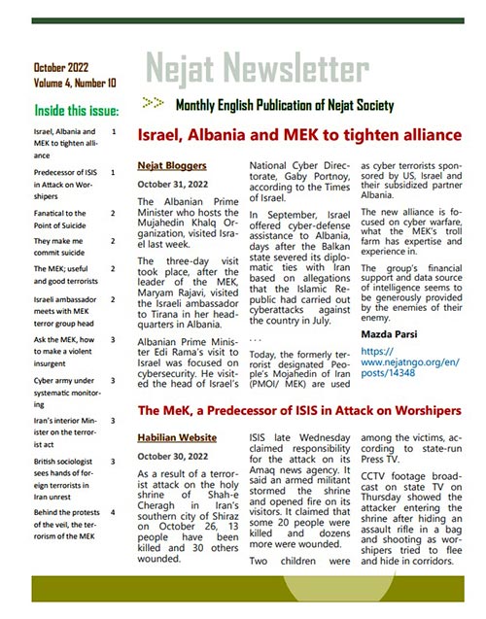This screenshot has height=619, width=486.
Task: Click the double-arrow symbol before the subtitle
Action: click(152, 102)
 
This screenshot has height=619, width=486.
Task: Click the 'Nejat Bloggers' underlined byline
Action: click(170, 165)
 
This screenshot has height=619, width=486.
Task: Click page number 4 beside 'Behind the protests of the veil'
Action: click(115, 510)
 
